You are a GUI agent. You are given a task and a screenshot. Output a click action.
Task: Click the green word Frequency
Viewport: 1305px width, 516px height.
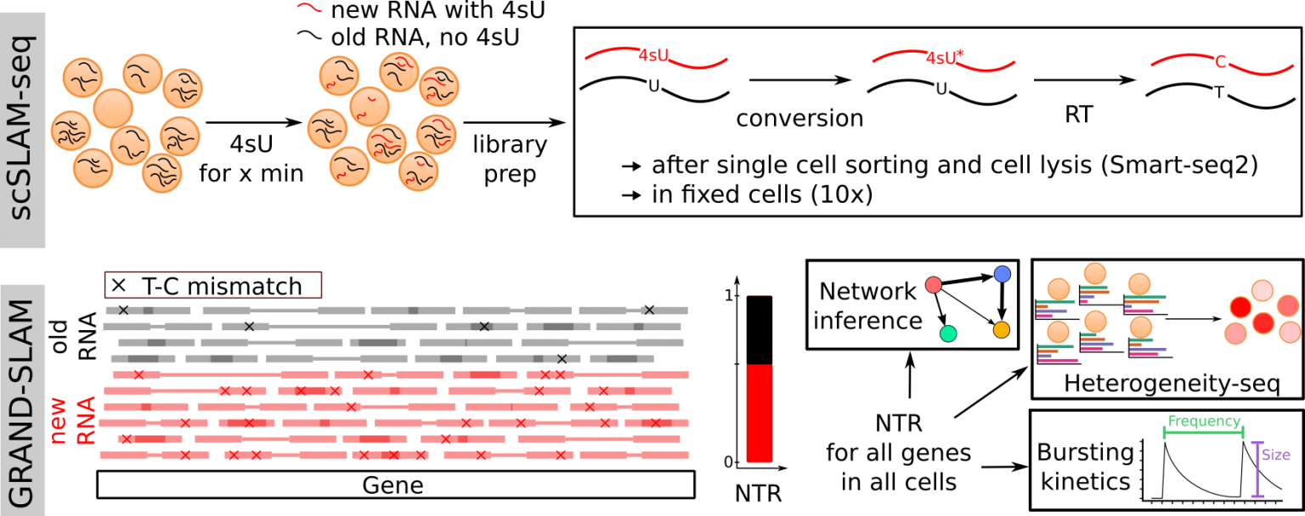[x=1204, y=421]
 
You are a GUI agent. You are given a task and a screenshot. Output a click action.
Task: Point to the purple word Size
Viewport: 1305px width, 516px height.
[x=1275, y=455]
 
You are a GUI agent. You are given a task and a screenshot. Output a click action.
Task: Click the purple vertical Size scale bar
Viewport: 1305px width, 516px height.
[x=1257, y=469]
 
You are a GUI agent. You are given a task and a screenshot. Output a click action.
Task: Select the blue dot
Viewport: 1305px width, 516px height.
[x=1003, y=274]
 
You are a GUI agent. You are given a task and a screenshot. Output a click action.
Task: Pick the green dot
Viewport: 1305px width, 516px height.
[x=948, y=334]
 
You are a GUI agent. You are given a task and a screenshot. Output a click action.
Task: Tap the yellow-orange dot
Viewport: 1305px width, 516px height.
[x=1002, y=329]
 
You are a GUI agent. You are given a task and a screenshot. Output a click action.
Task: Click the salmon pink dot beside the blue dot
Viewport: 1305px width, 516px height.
[x=934, y=285]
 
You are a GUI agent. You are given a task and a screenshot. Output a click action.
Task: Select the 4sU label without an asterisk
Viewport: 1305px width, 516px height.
[x=653, y=56]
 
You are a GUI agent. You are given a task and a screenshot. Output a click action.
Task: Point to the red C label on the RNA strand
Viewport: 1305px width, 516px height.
[x=1221, y=61]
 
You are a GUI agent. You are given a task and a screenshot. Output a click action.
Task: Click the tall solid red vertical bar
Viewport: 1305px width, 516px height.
[x=759, y=412]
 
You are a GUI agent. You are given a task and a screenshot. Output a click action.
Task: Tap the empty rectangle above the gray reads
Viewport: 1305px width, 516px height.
[x=212, y=285]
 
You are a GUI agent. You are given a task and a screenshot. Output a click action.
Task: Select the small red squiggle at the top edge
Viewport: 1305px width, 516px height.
[x=309, y=8]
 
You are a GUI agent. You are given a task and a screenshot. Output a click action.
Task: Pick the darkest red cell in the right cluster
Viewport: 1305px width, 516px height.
[x=1263, y=323]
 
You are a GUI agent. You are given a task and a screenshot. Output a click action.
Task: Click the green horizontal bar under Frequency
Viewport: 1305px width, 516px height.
[x=1203, y=434]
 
